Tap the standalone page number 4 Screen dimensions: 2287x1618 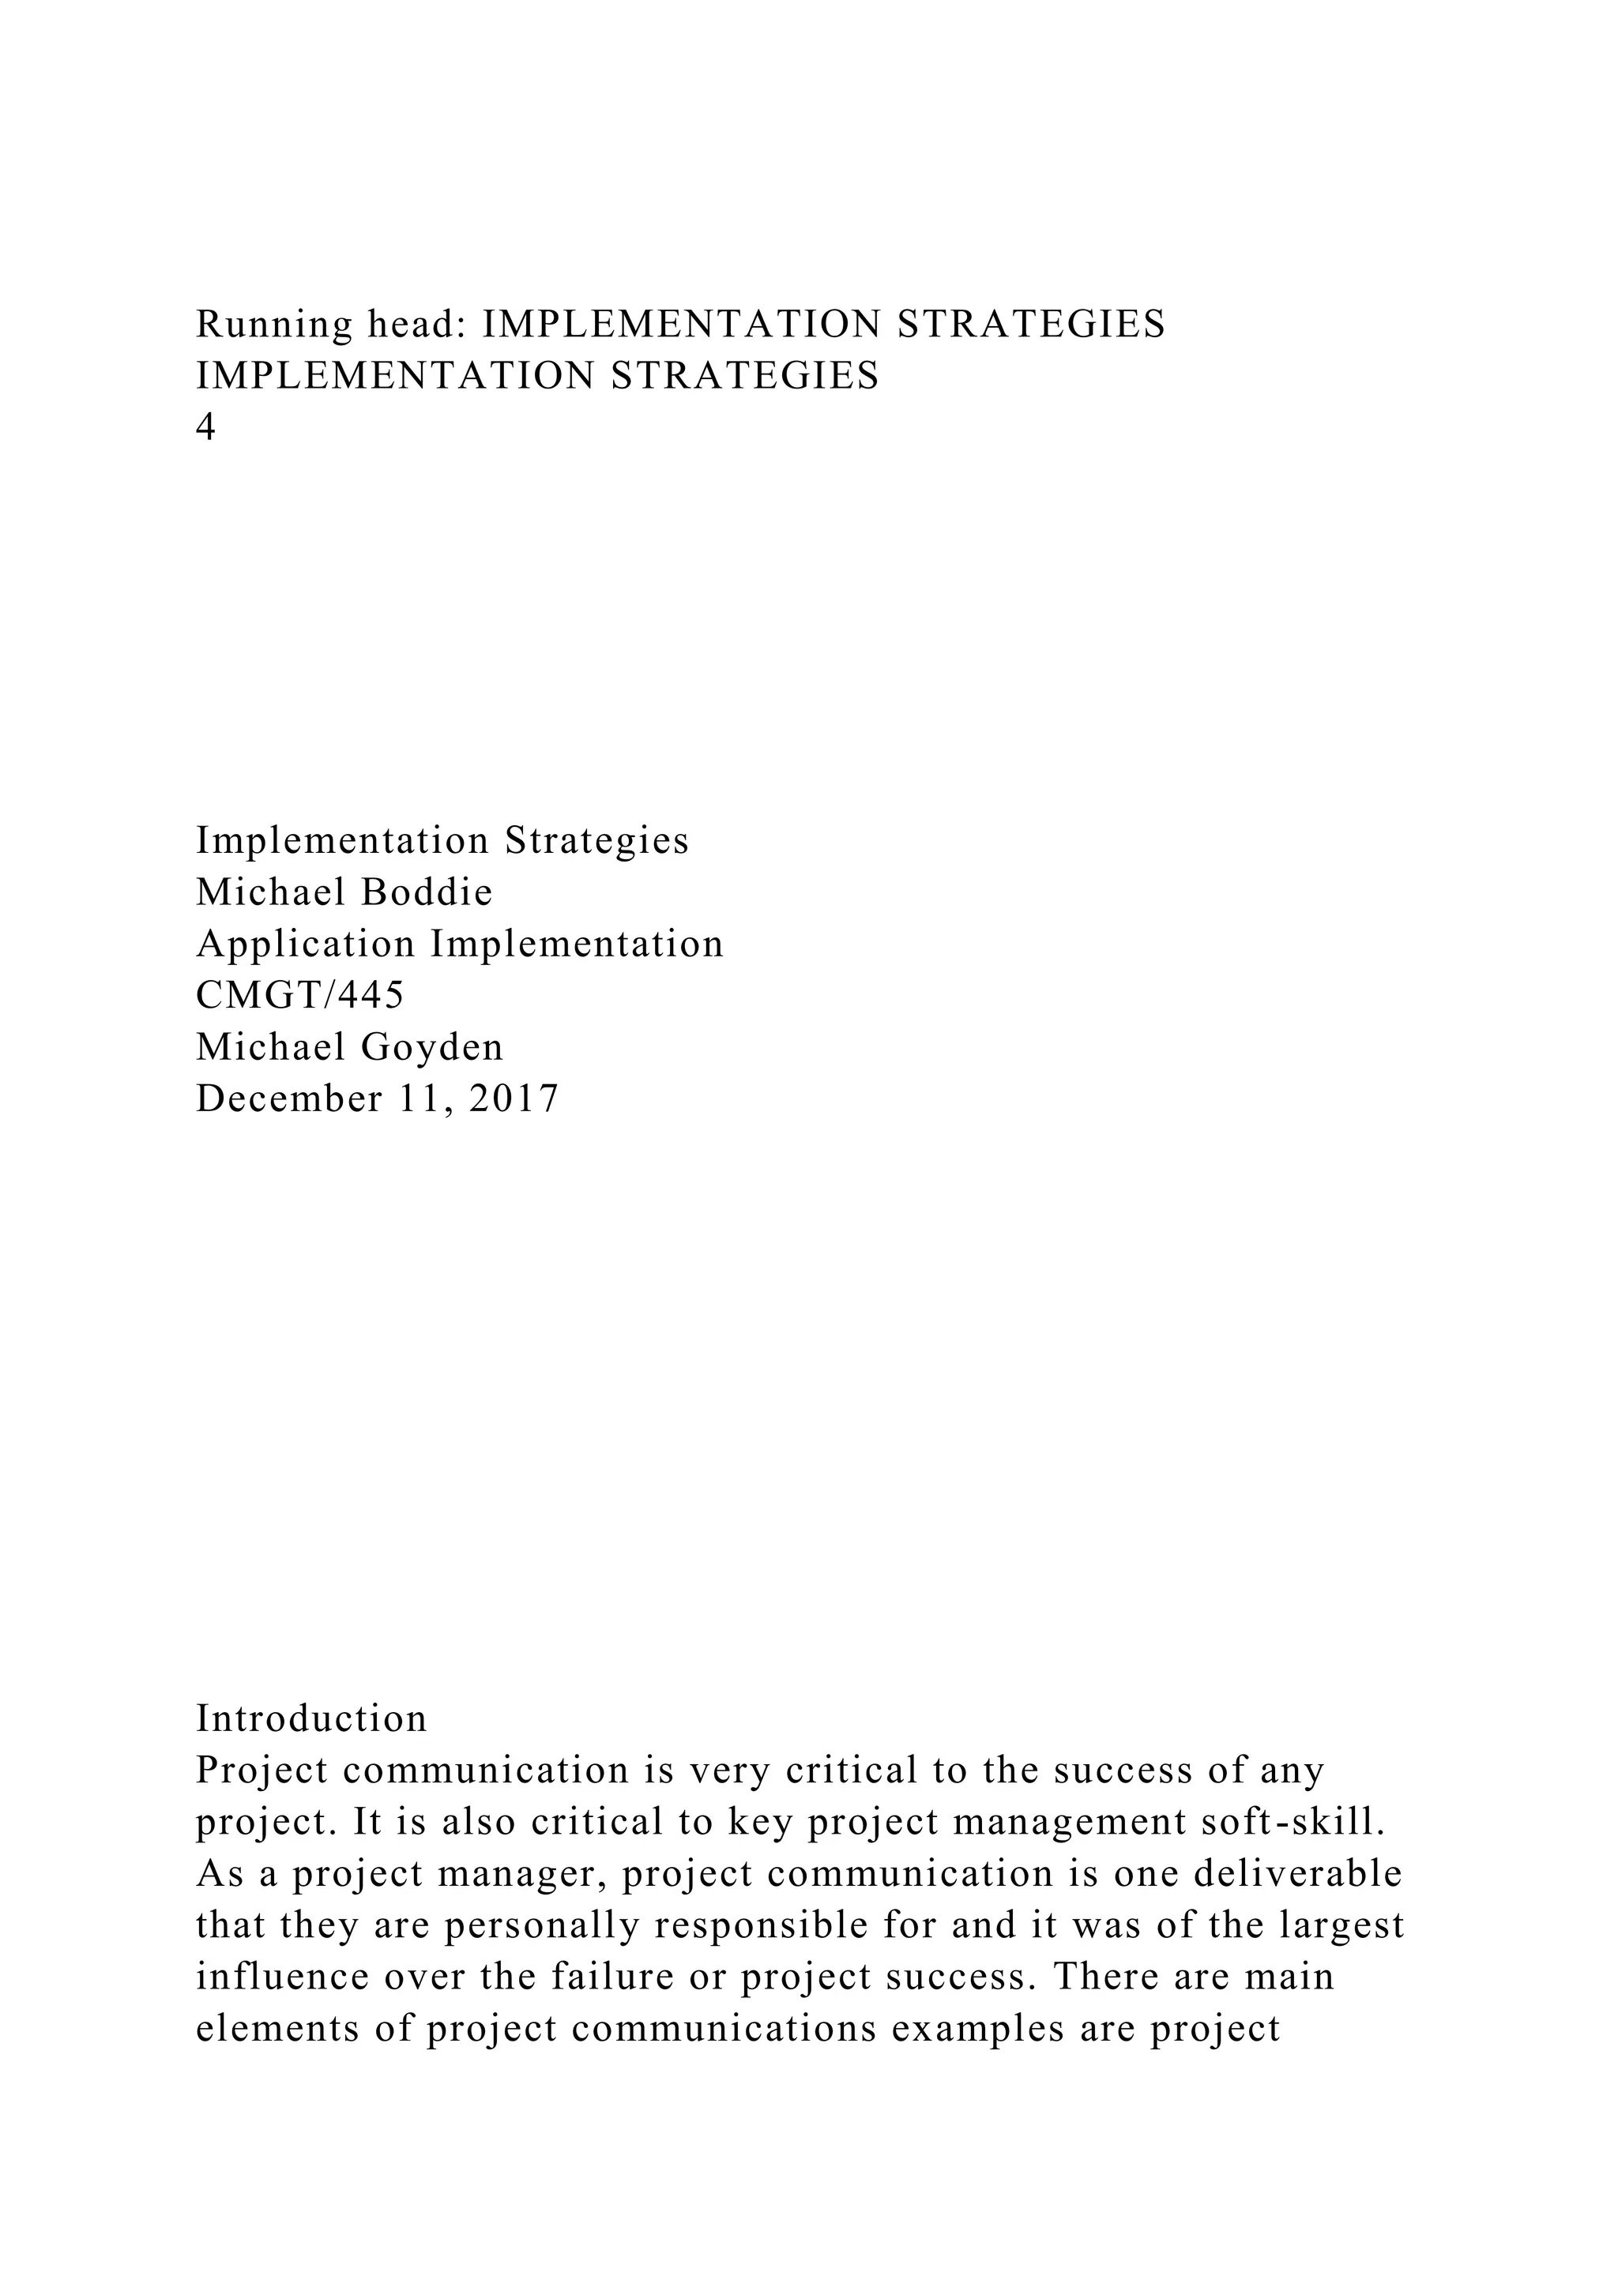pyautogui.click(x=205, y=427)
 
